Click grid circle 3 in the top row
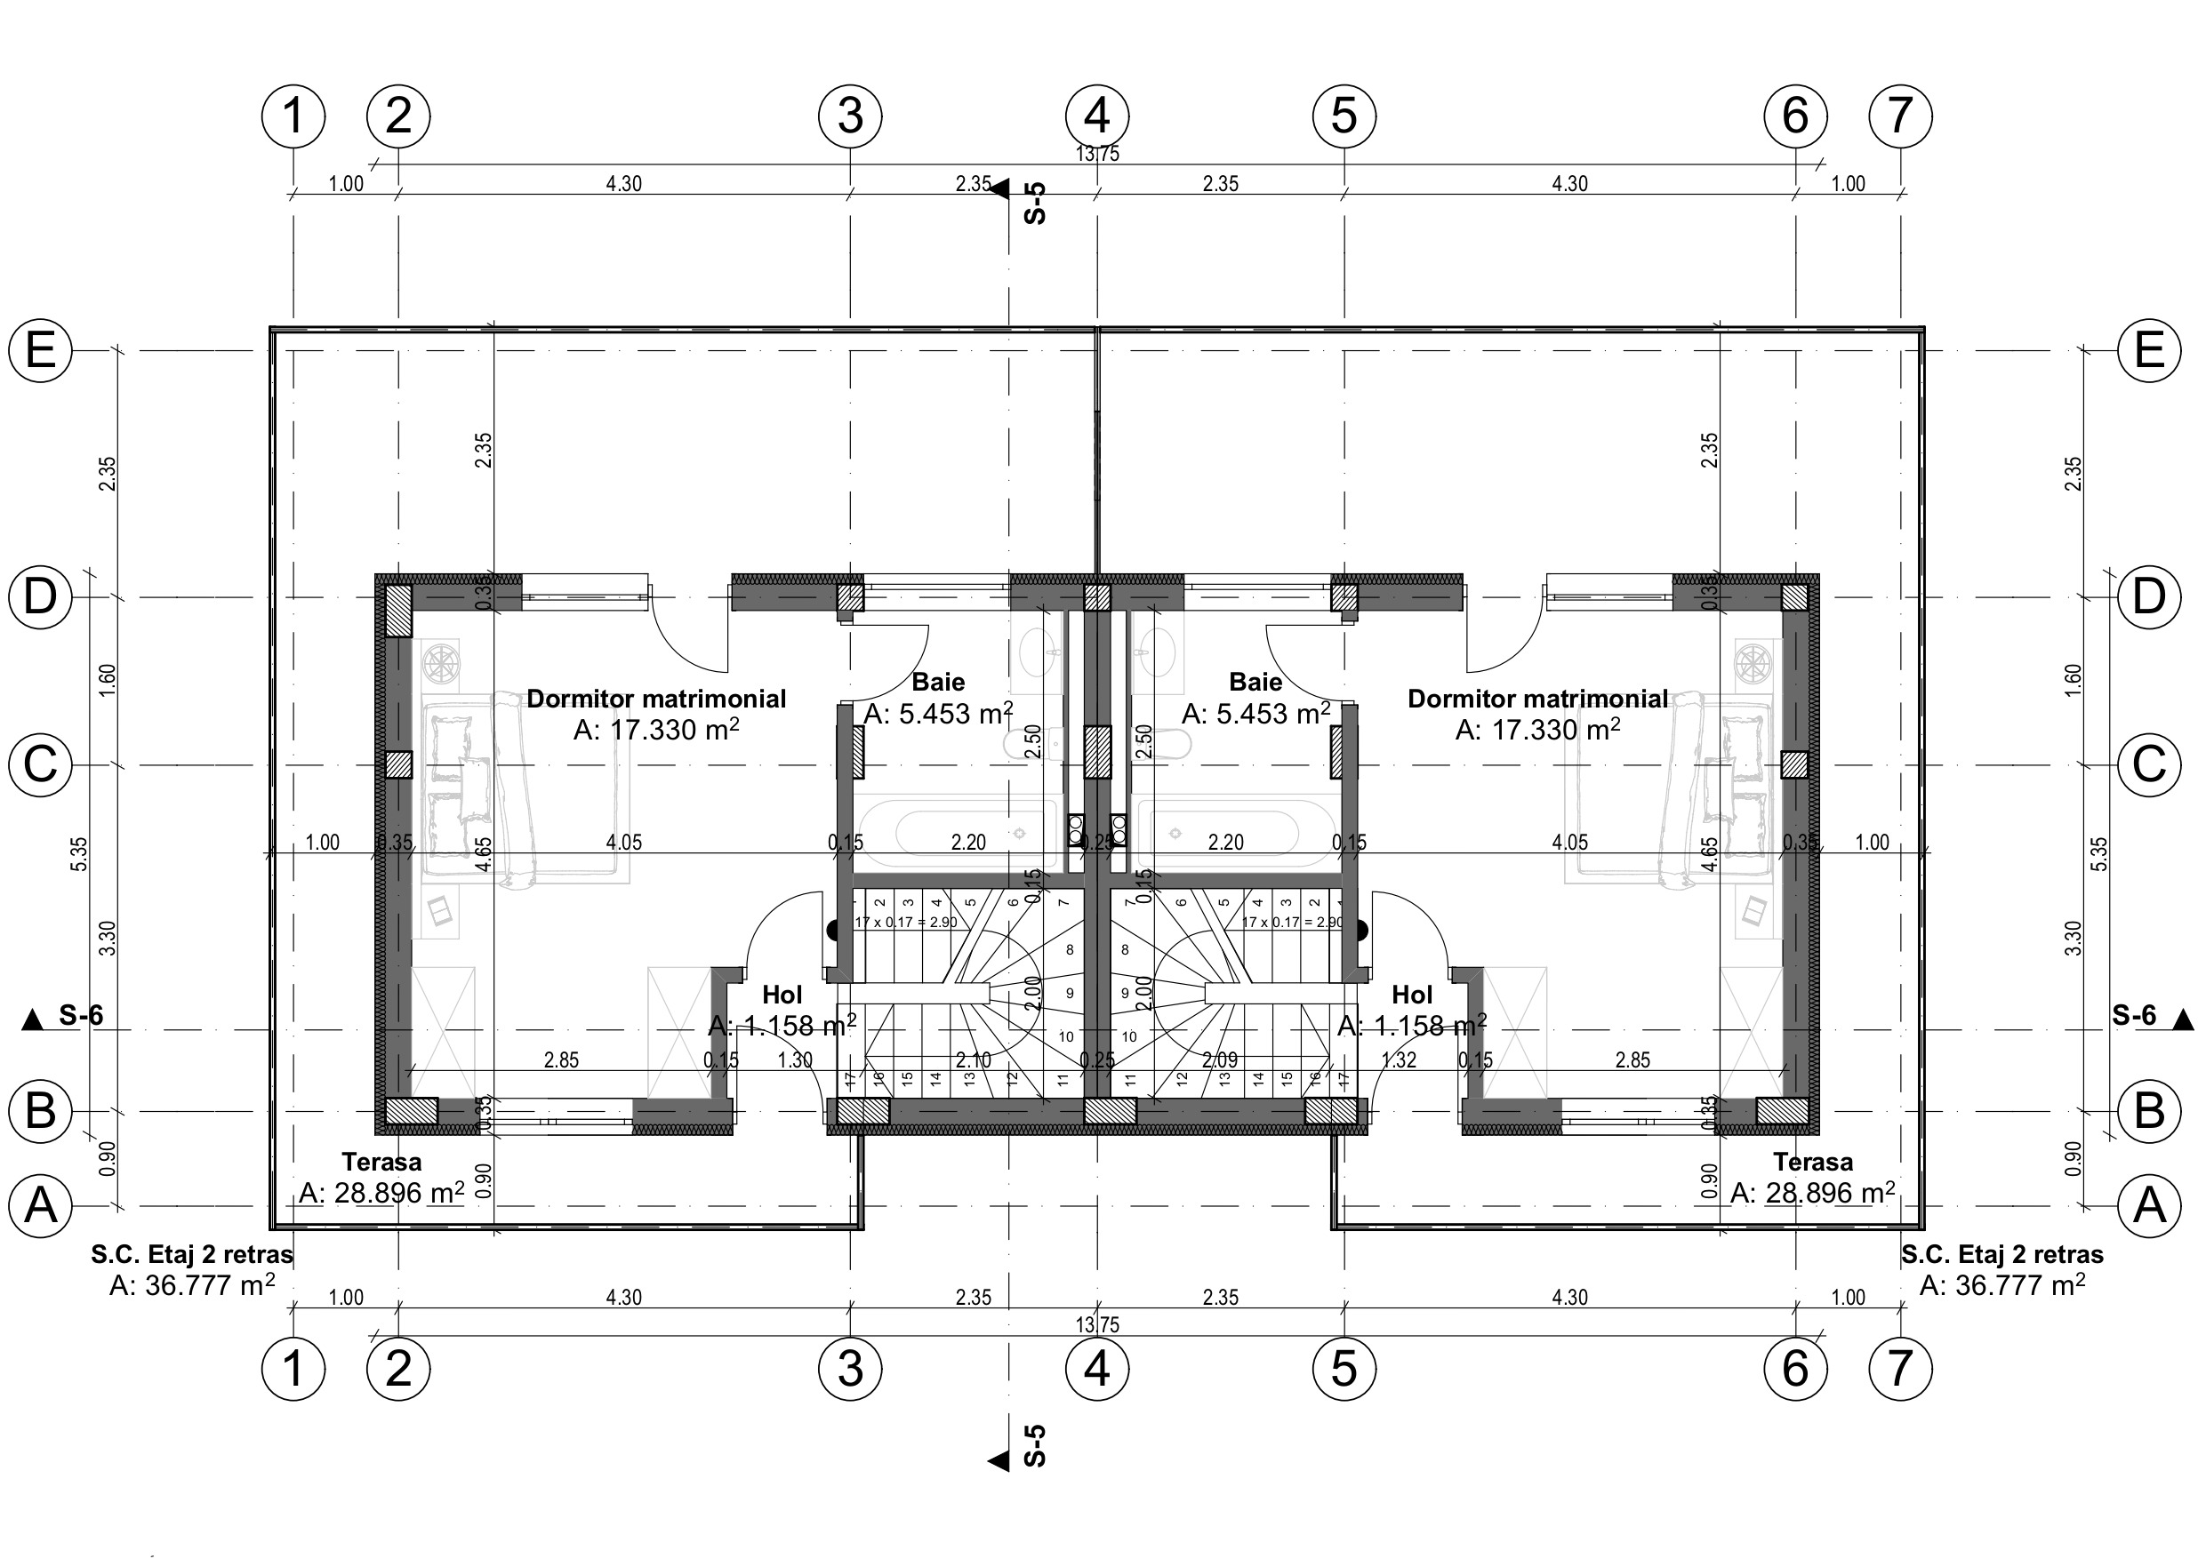[850, 116]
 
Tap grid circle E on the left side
[39, 350]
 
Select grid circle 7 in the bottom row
[1899, 1368]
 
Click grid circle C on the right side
[2149, 764]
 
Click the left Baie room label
[938, 682]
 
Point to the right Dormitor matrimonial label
[1537, 699]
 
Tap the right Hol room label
[1411, 995]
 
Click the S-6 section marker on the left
[81, 1015]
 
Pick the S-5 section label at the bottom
[1035, 1444]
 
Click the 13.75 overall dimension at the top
[1097, 154]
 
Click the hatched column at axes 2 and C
[398, 764]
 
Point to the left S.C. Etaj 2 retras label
[192, 1254]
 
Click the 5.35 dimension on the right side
[2100, 854]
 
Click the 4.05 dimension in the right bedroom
[1570, 843]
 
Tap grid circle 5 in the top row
[1344, 116]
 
